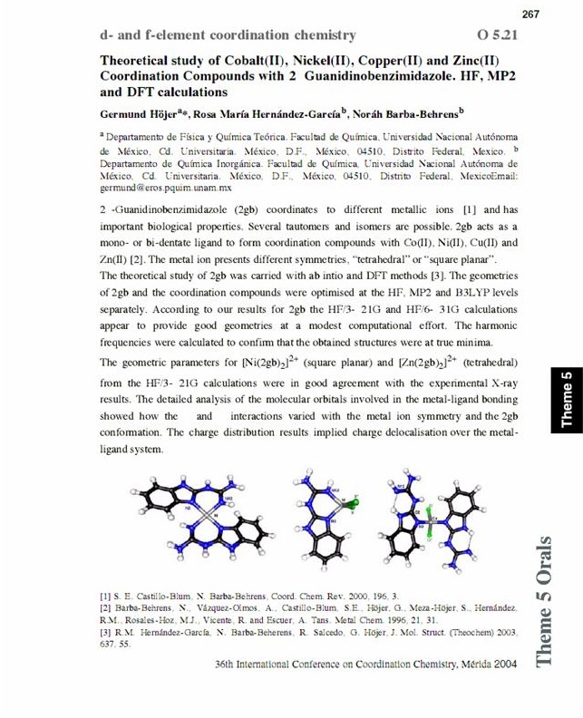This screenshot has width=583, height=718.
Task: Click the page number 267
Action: click(531, 13)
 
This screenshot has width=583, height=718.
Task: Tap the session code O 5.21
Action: click(498, 35)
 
